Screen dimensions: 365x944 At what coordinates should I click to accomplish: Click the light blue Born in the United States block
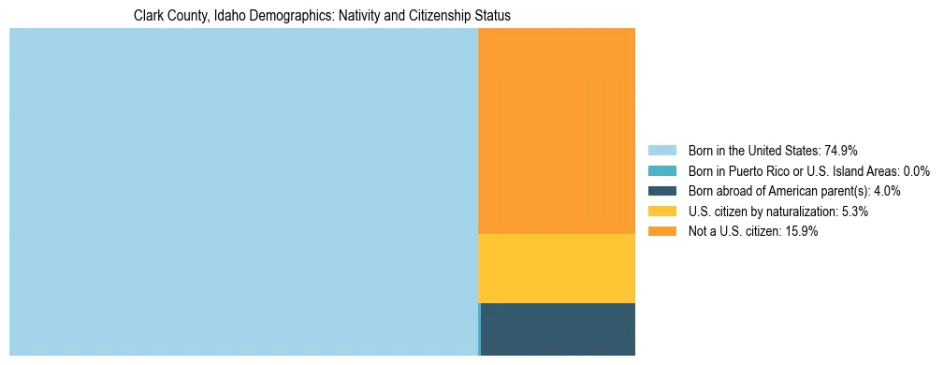243,192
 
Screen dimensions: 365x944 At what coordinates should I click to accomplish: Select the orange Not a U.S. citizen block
557,131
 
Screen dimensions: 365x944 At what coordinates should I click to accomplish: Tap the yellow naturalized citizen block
557,269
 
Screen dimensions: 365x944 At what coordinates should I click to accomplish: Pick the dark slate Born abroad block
559,329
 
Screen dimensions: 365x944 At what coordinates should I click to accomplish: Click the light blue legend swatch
661,150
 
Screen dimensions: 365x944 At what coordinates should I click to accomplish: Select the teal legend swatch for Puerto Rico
661,170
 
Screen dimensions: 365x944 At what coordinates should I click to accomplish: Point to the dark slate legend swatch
661,191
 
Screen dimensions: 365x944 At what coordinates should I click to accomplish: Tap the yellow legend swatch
661,212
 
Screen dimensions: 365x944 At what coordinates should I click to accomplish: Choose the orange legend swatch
661,232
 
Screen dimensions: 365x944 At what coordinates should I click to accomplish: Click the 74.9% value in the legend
841,150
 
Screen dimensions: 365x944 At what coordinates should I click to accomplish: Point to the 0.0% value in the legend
917,170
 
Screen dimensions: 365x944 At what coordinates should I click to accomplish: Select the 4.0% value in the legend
886,191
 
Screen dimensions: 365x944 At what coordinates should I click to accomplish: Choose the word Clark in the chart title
150,17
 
